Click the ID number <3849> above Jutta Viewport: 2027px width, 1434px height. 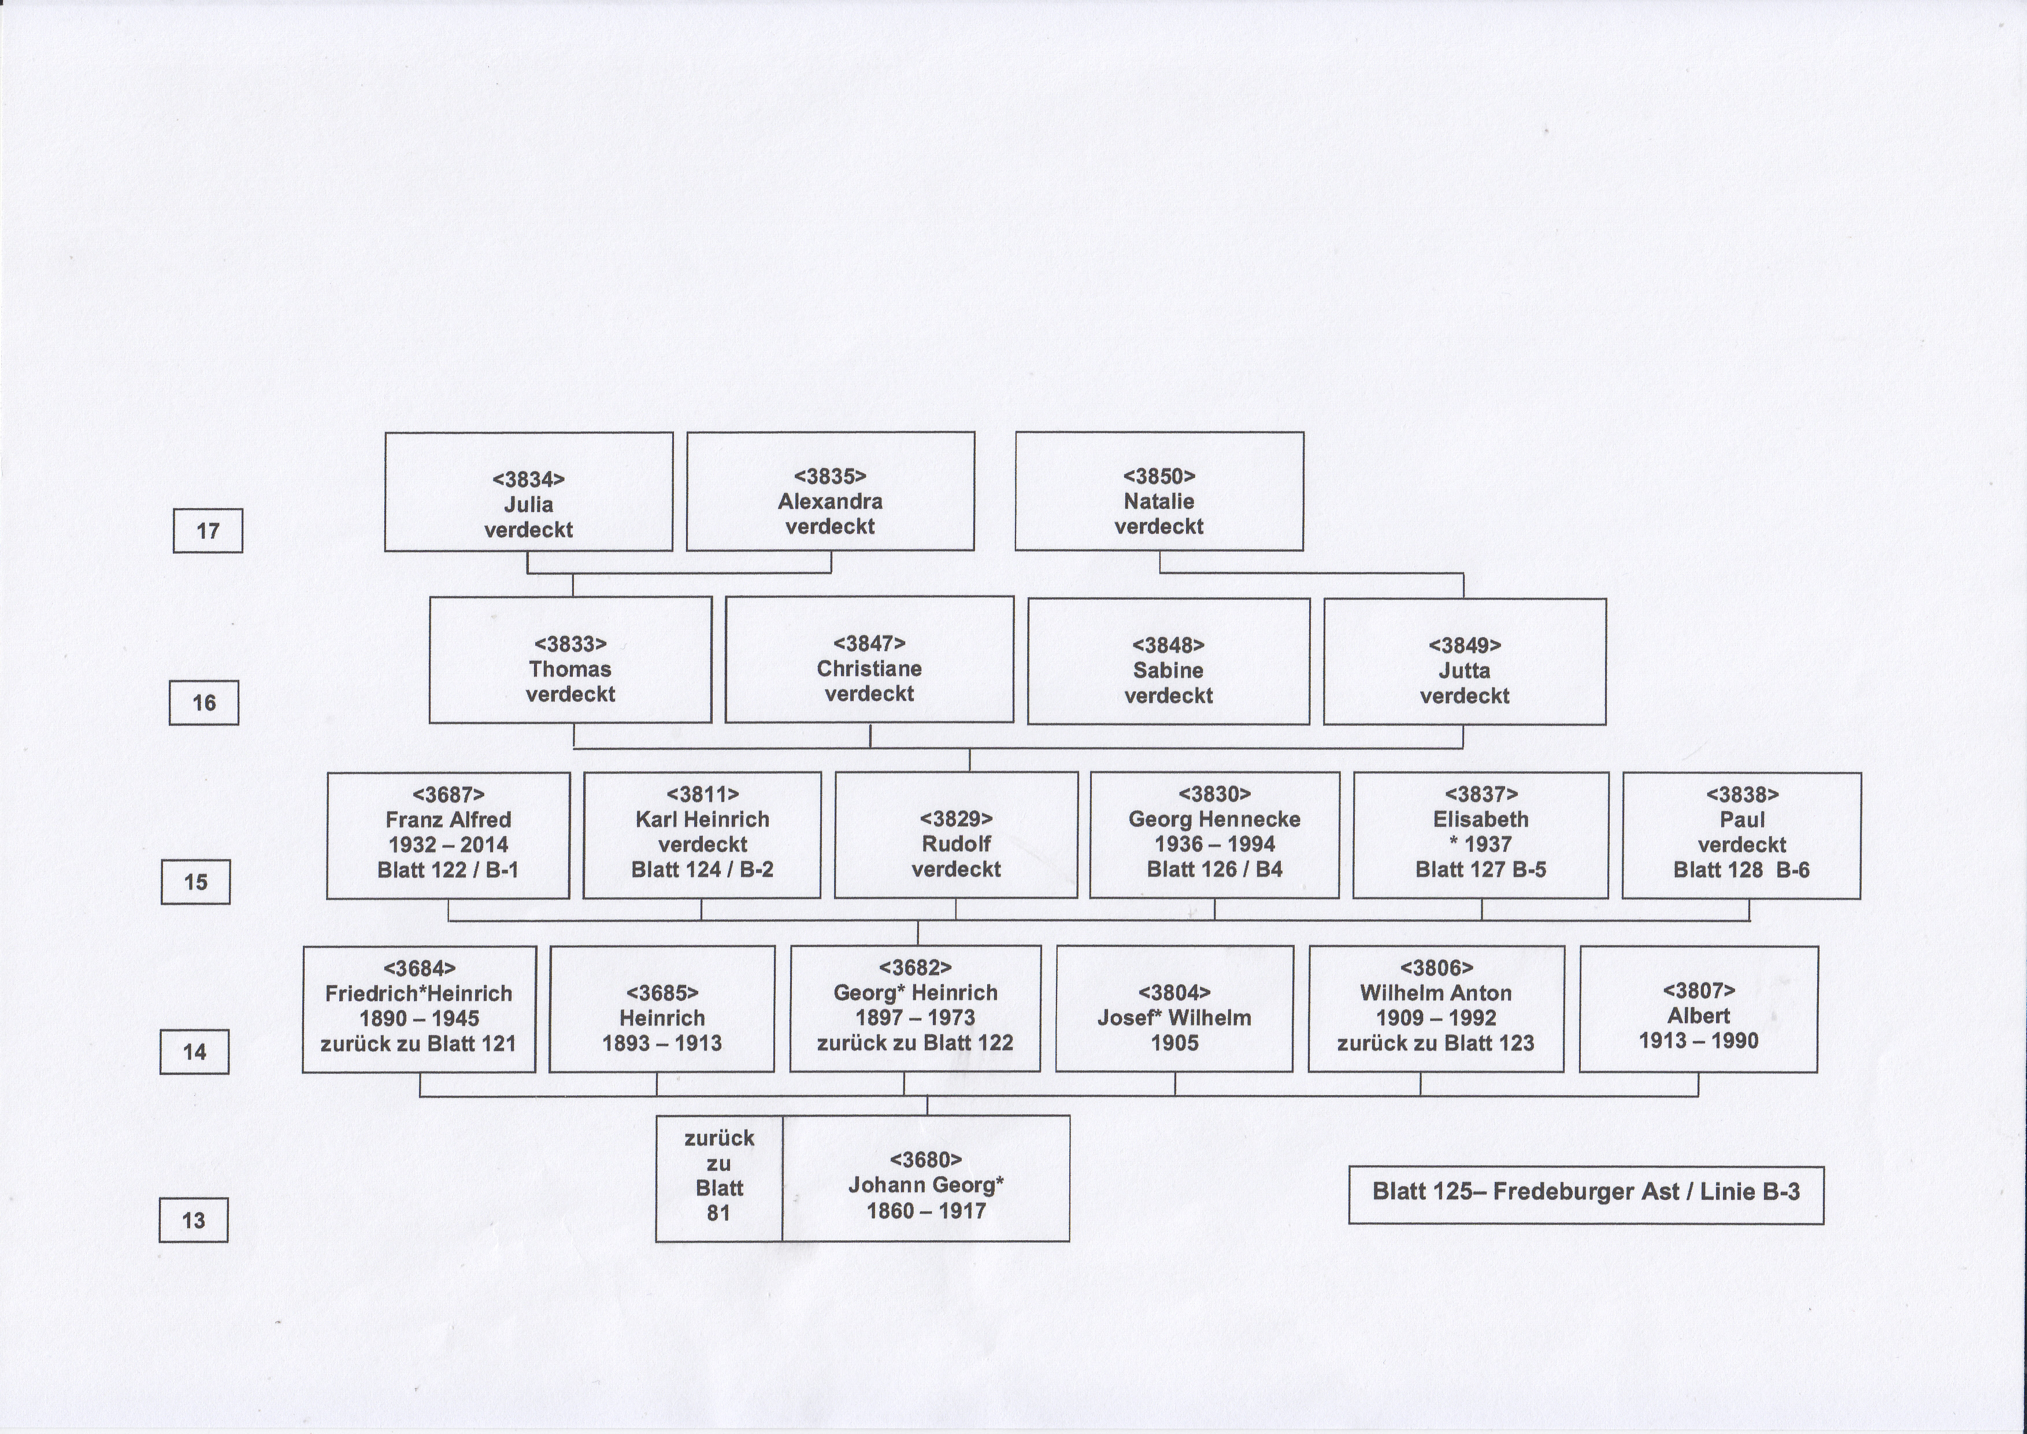[1465, 645]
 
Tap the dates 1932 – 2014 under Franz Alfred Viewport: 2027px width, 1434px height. [449, 845]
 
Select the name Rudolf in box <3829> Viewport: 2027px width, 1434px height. [956, 844]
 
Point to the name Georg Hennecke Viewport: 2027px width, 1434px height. [1215, 819]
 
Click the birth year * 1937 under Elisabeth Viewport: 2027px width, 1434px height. [1481, 845]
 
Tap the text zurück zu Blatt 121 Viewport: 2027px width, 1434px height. [418, 1044]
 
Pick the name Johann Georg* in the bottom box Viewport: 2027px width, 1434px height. [926, 1185]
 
